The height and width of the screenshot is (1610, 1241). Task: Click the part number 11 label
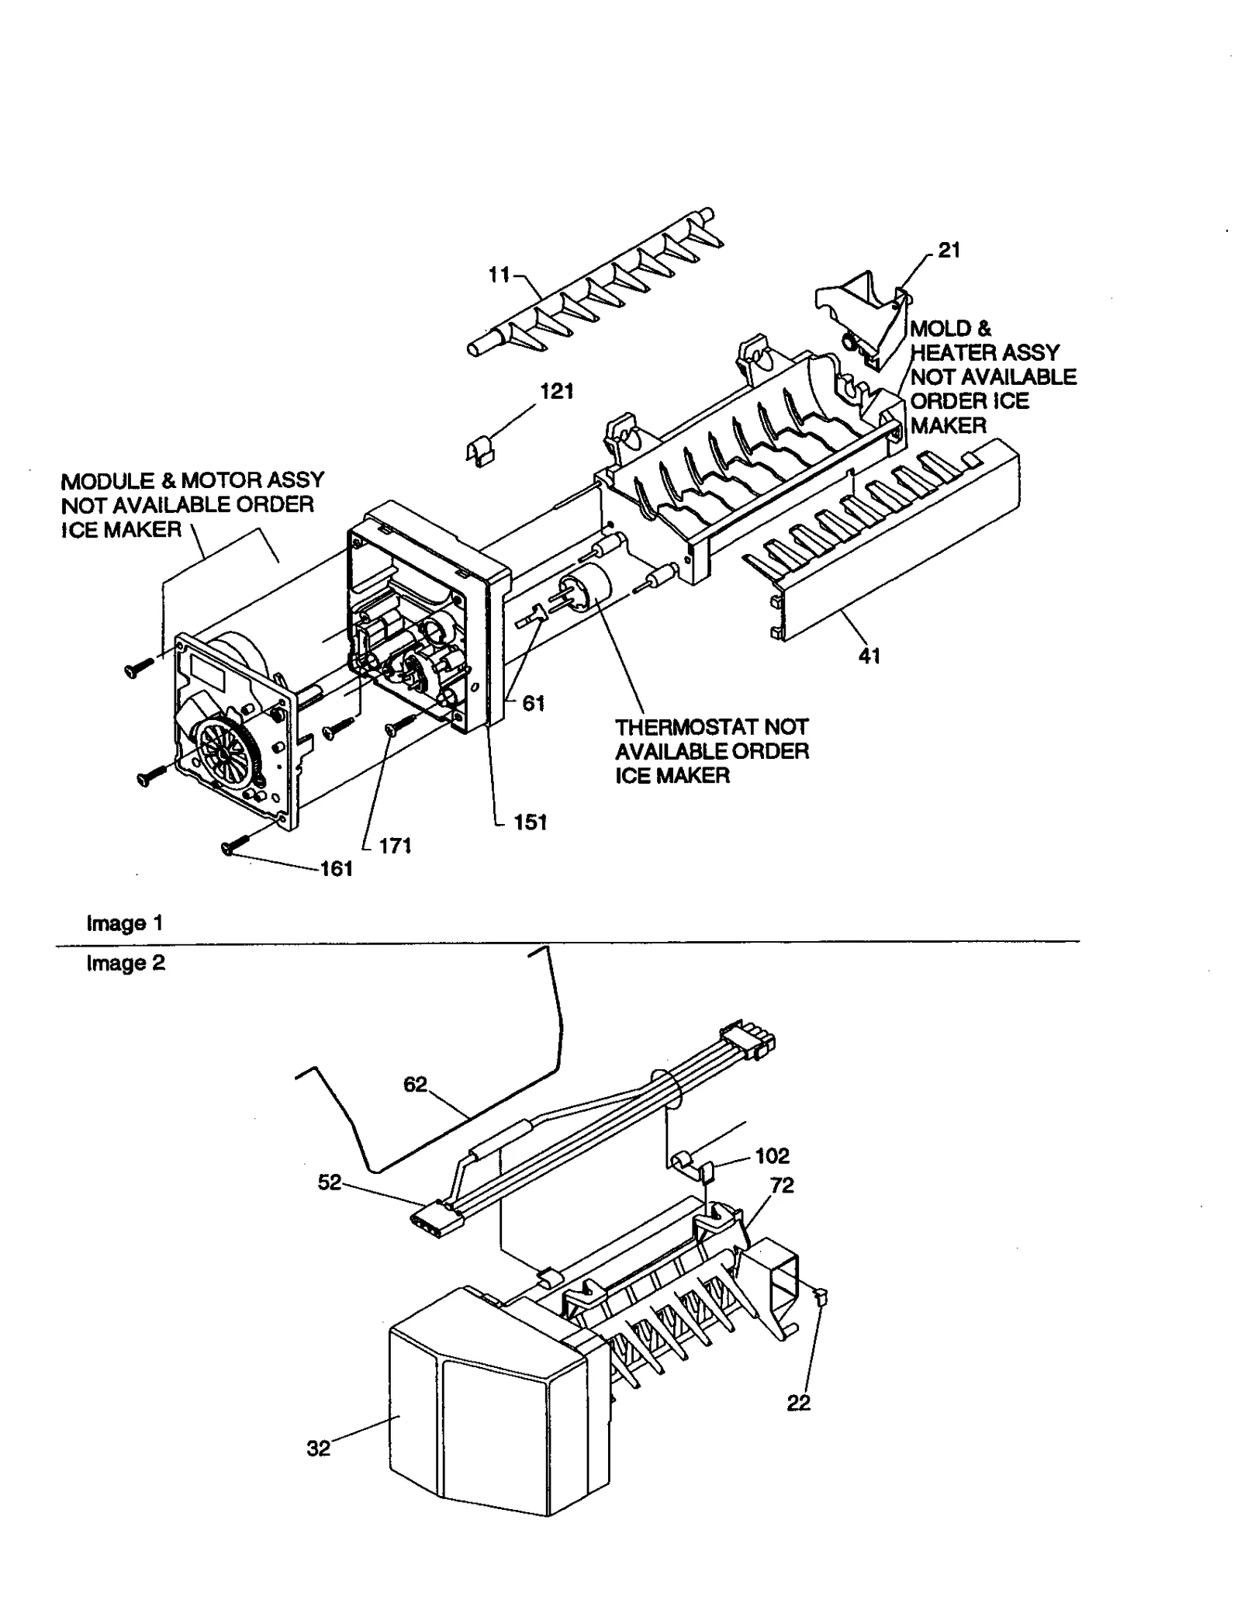coord(499,274)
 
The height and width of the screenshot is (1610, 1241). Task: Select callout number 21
coord(949,250)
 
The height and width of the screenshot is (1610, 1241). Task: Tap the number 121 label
coord(556,391)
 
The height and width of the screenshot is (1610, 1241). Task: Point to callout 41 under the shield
coord(869,656)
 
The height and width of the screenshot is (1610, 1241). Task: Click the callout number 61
coord(533,703)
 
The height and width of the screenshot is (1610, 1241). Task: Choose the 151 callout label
coord(530,822)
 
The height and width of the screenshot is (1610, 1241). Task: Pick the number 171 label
coord(394,846)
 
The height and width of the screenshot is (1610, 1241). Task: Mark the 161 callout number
coord(336,869)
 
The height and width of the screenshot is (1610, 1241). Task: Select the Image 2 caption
coord(125,963)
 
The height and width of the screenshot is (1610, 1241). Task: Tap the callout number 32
coord(318,1449)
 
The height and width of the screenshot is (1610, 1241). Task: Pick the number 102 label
coord(772,1156)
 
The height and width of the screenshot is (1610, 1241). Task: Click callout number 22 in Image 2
coord(798,1403)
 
